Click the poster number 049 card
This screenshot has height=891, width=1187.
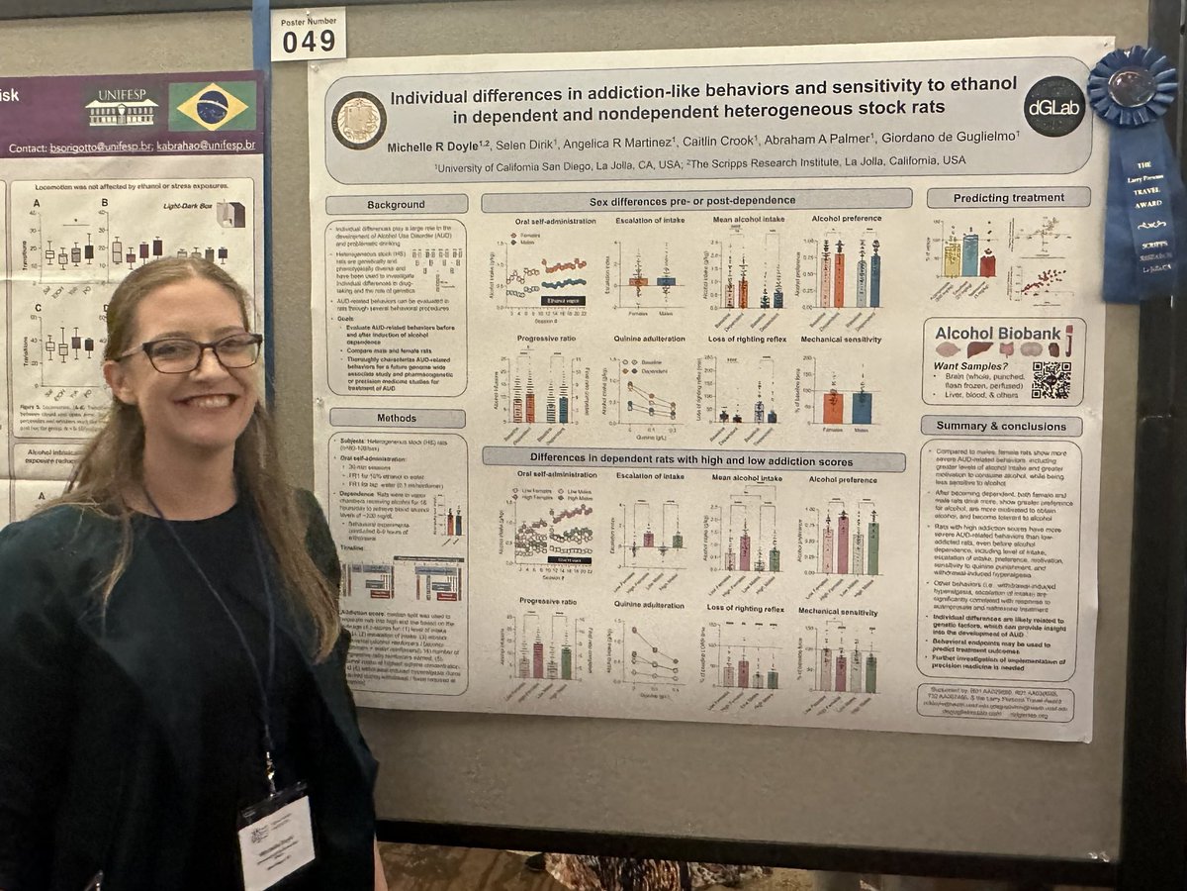click(x=309, y=36)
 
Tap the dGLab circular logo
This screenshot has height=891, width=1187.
click(x=1053, y=107)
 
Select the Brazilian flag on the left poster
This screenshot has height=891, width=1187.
click(x=212, y=107)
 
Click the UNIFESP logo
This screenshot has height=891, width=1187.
click(x=122, y=107)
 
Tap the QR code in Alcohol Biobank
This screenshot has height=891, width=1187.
click(x=1050, y=379)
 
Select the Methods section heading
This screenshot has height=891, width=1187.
click(x=397, y=418)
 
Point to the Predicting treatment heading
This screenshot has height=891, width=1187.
click(x=1010, y=198)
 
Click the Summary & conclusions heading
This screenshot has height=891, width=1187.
click(x=1000, y=426)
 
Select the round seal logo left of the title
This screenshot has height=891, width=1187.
click(x=359, y=120)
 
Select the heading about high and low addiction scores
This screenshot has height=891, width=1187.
click(x=692, y=459)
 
